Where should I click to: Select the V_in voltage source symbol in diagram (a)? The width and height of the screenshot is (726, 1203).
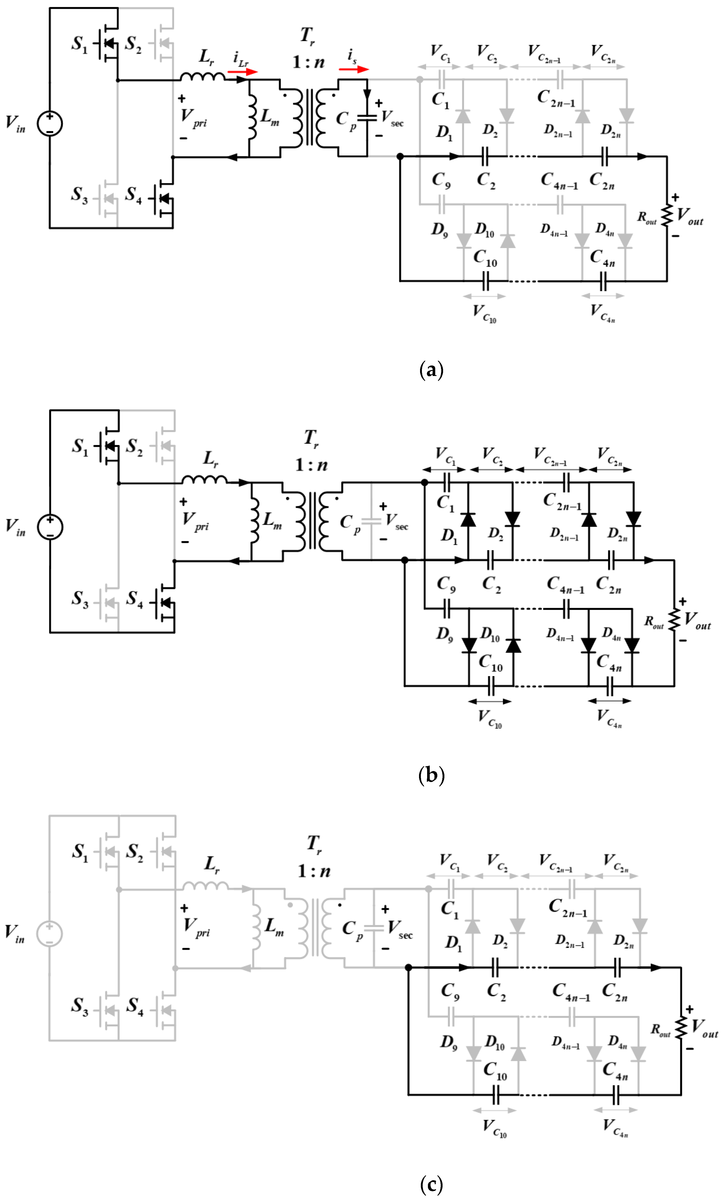click(50, 123)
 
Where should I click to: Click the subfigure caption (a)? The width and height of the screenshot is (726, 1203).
click(431, 370)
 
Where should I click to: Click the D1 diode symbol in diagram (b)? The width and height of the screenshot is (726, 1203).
click(468, 520)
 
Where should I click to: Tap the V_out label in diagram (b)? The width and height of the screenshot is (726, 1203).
click(697, 620)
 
